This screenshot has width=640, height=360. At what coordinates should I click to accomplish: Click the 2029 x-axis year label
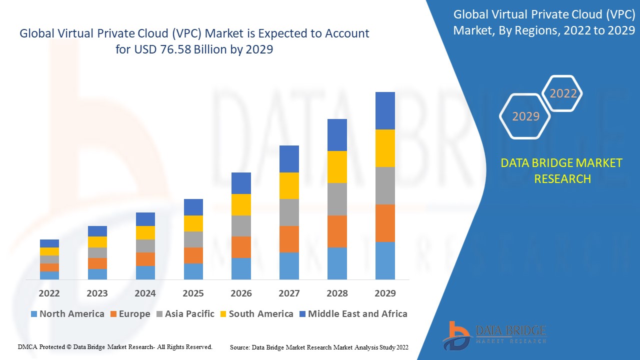click(x=385, y=293)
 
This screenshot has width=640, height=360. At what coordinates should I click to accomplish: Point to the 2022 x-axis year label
click(x=49, y=293)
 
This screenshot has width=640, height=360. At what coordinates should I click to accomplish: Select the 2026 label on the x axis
click(x=241, y=293)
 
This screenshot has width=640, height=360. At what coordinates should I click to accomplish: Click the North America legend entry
click(x=67, y=314)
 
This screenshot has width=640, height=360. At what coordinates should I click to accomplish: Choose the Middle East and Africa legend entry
click(x=353, y=314)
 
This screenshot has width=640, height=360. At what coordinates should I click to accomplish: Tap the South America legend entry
click(x=256, y=314)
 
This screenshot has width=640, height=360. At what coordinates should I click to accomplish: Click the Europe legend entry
click(x=129, y=314)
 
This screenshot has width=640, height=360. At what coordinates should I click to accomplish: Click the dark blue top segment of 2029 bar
click(x=385, y=110)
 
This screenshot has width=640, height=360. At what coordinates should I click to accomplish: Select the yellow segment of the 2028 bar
click(x=337, y=167)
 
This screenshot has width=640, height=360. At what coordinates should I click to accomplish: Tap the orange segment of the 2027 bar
click(x=289, y=239)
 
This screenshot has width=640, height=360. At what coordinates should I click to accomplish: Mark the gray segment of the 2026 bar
click(x=241, y=226)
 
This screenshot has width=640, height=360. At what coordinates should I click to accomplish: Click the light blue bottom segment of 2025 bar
click(x=193, y=271)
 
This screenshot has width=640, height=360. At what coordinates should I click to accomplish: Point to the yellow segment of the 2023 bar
click(x=97, y=242)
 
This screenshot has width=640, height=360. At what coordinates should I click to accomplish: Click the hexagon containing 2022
click(x=563, y=93)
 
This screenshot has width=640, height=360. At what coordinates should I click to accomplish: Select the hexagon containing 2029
click(x=525, y=116)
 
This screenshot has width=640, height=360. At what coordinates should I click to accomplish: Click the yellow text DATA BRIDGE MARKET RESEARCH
click(x=562, y=170)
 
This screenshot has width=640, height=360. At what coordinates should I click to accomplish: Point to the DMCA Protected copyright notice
click(x=115, y=346)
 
